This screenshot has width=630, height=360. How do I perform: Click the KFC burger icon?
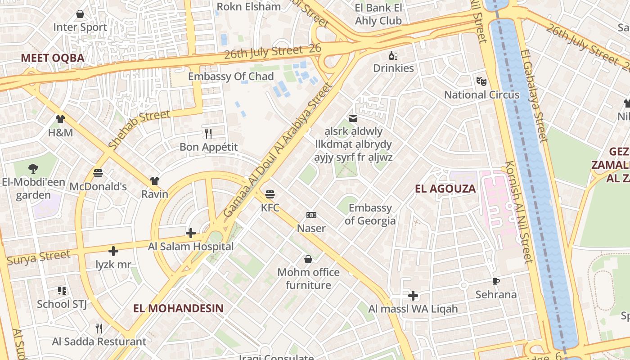point(270,194)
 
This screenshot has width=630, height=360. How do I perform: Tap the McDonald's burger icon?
point(98,173)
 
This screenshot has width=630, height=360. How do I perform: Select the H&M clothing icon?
point(60,119)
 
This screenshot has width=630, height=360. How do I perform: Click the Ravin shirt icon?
point(155,181)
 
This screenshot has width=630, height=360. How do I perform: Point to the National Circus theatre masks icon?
point(481,81)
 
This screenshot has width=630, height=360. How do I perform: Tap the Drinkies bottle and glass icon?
point(393,55)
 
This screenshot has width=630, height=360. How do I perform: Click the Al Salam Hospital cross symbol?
point(191,233)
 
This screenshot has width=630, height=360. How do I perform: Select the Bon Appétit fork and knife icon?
point(208,134)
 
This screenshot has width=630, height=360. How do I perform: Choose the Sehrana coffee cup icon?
point(496,282)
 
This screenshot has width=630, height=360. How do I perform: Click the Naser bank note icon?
point(311,215)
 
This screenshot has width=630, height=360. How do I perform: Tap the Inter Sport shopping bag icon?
point(80,14)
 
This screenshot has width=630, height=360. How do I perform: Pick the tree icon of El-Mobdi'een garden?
point(33,169)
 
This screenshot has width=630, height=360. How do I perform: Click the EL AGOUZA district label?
point(445,189)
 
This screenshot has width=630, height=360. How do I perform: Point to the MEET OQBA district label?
point(53,58)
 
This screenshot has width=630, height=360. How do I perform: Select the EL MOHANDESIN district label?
point(178,308)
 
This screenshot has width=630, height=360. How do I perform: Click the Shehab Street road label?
point(139,129)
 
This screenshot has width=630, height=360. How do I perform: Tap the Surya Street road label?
point(39,257)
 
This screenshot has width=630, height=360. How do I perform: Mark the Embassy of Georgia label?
point(370,214)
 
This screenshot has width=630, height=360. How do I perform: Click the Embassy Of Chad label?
point(230,76)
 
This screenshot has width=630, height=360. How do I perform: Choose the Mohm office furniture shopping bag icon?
point(308,259)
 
